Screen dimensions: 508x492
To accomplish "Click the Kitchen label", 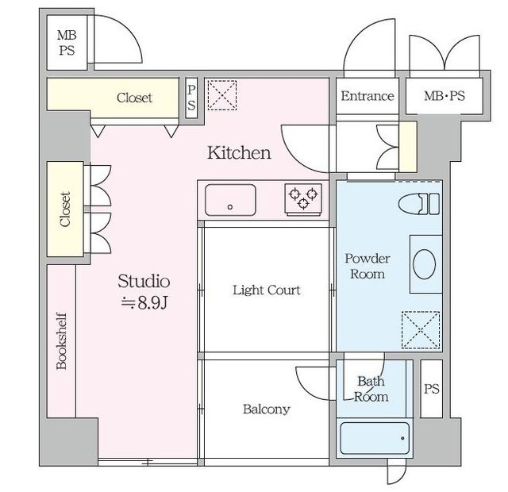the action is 239,152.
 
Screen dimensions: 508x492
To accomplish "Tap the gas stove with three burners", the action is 303,199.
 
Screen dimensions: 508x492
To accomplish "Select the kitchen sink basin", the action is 230,200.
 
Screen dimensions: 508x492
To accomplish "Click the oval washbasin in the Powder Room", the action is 425,264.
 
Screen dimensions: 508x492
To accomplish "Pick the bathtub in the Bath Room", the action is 375,438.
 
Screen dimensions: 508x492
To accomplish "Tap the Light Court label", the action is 267,290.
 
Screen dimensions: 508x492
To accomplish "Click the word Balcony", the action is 267,409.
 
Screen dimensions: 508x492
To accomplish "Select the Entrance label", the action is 368,96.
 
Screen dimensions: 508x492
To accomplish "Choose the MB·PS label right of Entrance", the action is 444,96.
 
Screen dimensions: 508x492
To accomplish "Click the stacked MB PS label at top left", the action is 67,42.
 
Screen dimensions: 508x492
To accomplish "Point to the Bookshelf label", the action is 62,340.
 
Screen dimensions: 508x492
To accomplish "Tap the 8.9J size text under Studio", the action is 144,303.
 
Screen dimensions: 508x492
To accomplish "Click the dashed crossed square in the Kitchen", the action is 222,95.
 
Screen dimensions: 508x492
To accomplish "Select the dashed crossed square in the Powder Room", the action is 421,330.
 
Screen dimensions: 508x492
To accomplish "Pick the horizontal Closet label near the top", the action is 134,98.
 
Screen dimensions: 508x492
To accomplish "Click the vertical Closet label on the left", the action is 65,209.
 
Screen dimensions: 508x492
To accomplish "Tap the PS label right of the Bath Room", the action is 432,389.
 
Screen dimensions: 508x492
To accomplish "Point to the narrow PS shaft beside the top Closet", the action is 191,98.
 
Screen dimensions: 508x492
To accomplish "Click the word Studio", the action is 144,281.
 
